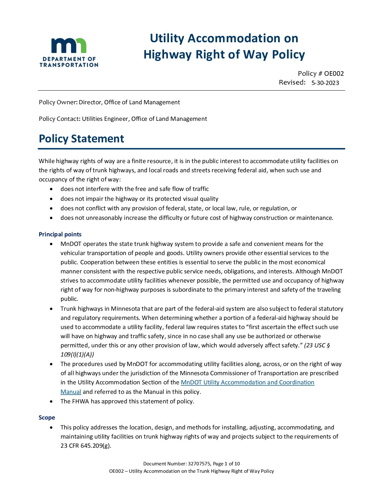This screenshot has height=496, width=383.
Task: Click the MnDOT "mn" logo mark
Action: [x=69, y=46]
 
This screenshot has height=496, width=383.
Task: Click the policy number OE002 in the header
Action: [x=334, y=73]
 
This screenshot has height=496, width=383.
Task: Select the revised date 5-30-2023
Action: [x=325, y=83]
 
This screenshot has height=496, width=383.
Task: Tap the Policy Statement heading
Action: [x=81, y=139]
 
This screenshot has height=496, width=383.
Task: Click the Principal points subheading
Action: [x=60, y=234]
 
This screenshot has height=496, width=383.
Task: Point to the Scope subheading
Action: [x=47, y=417]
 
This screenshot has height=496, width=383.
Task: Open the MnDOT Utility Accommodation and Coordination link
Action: [x=247, y=382]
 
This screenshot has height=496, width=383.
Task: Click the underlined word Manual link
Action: [x=71, y=392]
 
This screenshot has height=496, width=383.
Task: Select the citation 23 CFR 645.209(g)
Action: [x=86, y=446]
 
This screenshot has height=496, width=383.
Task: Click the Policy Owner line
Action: [x=109, y=102]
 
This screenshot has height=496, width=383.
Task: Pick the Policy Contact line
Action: [x=123, y=119]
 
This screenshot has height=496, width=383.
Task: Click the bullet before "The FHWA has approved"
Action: [x=52, y=401]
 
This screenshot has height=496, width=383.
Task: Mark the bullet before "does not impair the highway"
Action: [x=52, y=199]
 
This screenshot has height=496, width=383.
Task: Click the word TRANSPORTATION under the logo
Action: [x=69, y=65]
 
